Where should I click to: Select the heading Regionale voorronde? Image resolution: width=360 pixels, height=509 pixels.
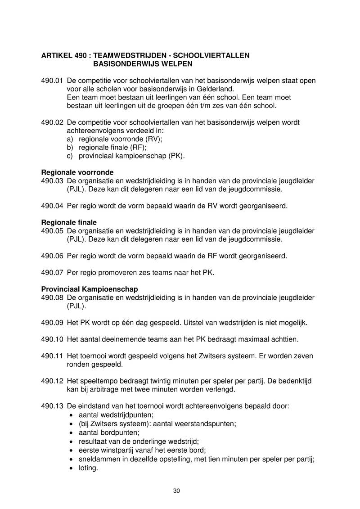point(77,172)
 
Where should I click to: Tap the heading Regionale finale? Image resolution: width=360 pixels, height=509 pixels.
point(69,222)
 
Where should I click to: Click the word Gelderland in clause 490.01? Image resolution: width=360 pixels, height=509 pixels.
point(210,89)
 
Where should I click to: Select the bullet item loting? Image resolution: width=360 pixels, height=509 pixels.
point(88,468)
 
